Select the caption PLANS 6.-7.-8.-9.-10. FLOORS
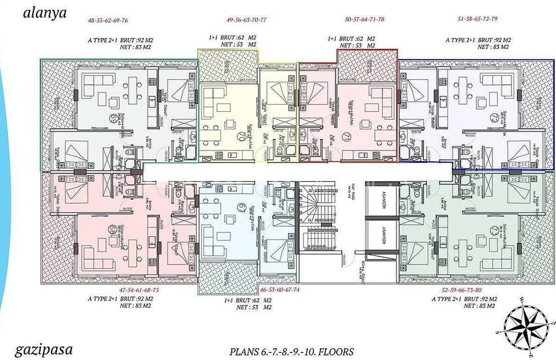(292, 351)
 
